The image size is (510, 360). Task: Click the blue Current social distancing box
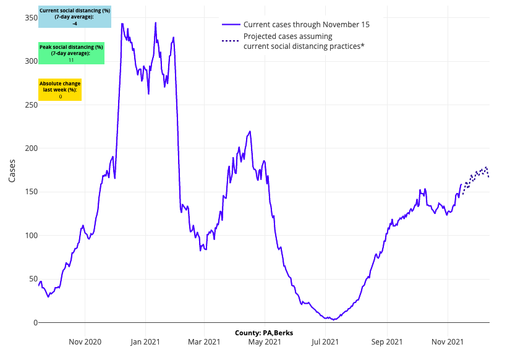(x=74, y=17)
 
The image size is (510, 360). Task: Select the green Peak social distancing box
(x=71, y=53)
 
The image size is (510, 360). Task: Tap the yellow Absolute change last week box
(x=60, y=90)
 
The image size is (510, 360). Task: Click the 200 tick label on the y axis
(x=28, y=148)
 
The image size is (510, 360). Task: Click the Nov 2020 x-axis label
(x=85, y=341)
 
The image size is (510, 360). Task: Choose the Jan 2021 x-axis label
(x=146, y=341)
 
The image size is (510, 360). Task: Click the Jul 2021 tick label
(x=325, y=341)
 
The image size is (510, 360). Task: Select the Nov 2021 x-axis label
(x=447, y=341)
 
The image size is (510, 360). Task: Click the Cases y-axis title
(x=13, y=170)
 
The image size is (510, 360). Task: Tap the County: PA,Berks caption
(x=264, y=333)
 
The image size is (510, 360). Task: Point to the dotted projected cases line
(x=475, y=176)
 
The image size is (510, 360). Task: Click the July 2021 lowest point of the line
(x=334, y=319)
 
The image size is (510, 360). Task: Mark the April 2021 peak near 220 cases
(x=250, y=131)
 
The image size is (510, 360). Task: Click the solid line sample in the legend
(x=231, y=24)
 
